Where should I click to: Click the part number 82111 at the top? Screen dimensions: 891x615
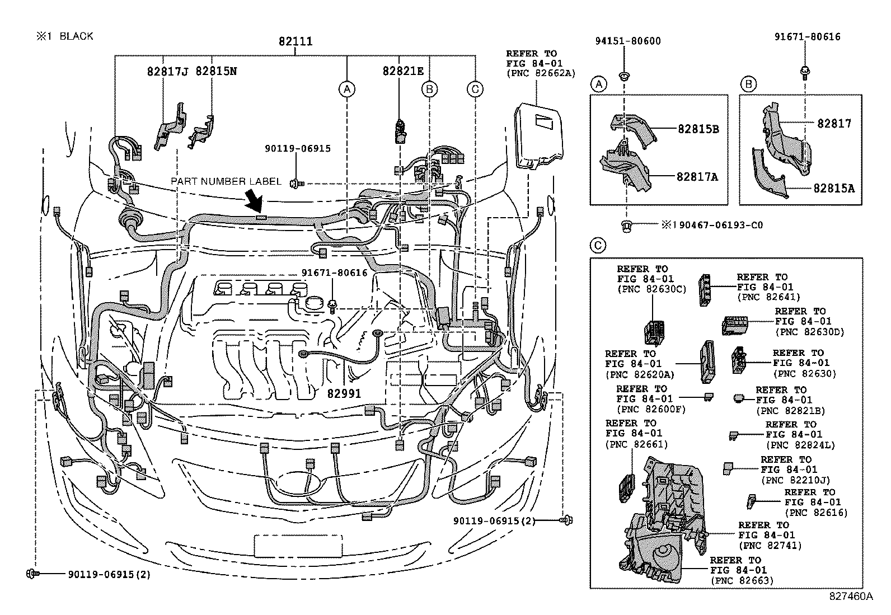pyautogui.click(x=296, y=41)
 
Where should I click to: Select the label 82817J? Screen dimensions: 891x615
pyautogui.click(x=167, y=71)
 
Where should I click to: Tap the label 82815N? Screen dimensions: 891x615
pyautogui.click(x=216, y=71)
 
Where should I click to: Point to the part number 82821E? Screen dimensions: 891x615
pyautogui.click(x=403, y=71)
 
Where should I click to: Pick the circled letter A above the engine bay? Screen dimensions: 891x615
pyautogui.click(x=347, y=89)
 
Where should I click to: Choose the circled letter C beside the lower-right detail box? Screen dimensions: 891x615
pyautogui.click(x=598, y=246)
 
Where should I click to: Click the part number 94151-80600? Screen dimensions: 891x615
pyautogui.click(x=628, y=41)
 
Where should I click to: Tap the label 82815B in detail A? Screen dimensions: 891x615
pyautogui.click(x=698, y=129)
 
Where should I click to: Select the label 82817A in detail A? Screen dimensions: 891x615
pyautogui.click(x=698, y=177)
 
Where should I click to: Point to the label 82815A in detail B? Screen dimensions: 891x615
pyautogui.click(x=834, y=188)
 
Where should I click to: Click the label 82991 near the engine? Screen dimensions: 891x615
pyautogui.click(x=344, y=393)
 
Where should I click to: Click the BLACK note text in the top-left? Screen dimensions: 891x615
pyautogui.click(x=76, y=36)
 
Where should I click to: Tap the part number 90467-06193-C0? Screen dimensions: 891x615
pyautogui.click(x=721, y=225)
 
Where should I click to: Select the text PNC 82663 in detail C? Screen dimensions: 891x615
pyautogui.click(x=742, y=580)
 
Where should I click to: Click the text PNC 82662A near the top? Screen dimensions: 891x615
pyautogui.click(x=541, y=74)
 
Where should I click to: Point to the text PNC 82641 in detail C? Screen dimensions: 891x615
pyautogui.click(x=768, y=297)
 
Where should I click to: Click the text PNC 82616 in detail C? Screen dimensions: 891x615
pyautogui.click(x=816, y=513)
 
